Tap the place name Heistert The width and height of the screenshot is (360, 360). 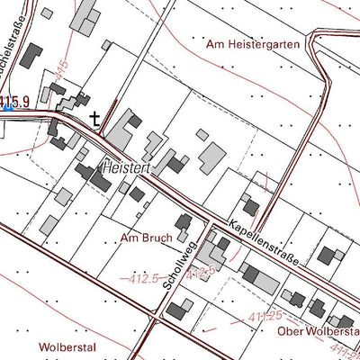128,168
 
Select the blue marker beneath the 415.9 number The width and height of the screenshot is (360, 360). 8,109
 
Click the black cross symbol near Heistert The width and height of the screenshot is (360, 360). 95,117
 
